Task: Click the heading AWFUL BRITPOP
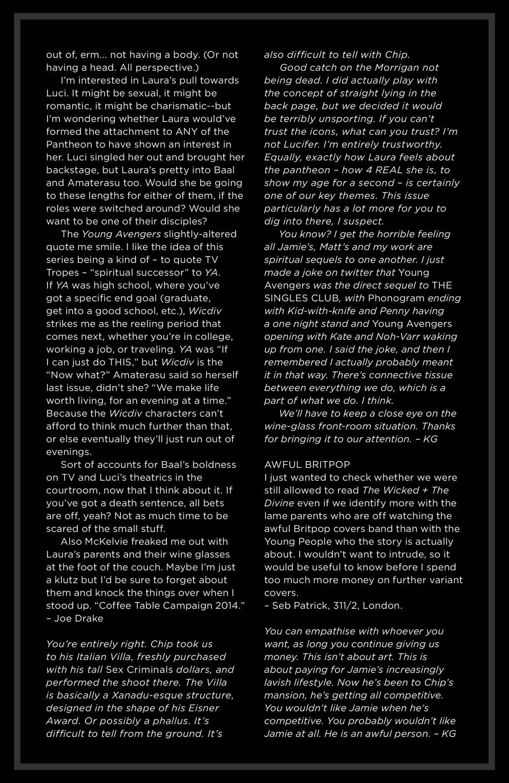(x=307, y=465)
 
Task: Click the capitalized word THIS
(x=120, y=362)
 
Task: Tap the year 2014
(x=227, y=606)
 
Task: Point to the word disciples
(x=181, y=221)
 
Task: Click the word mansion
(x=285, y=695)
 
